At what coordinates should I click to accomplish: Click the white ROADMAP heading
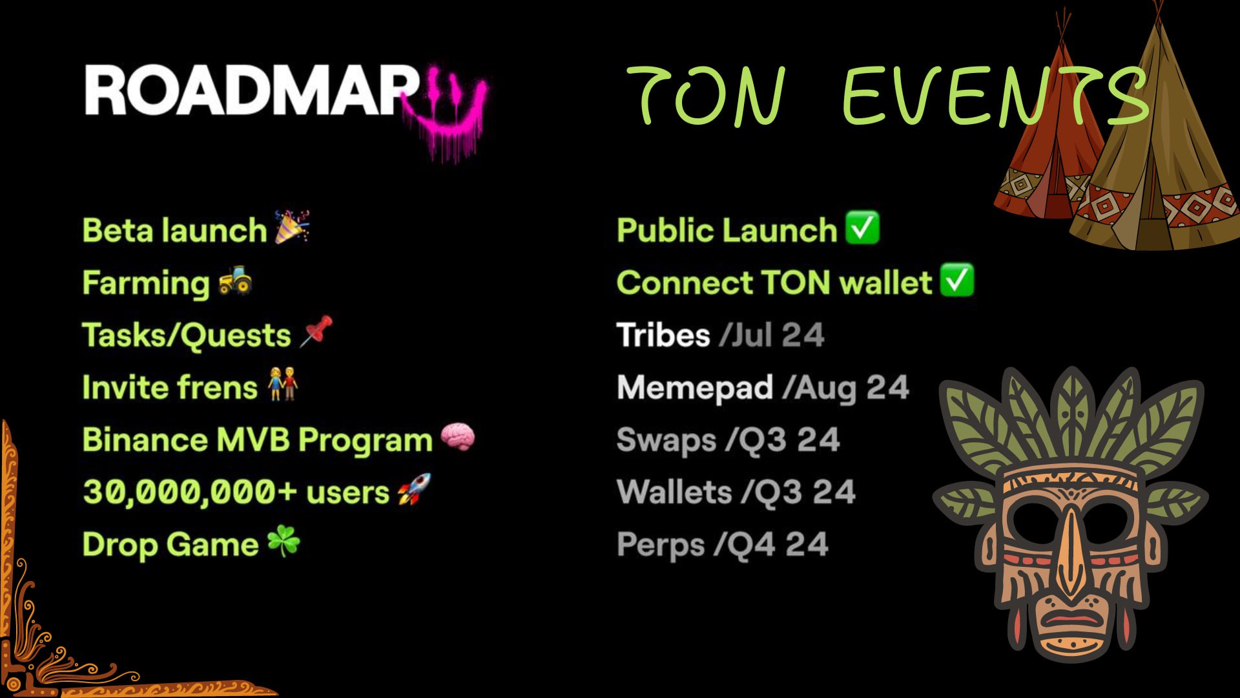click(x=252, y=91)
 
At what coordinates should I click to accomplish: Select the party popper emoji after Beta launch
click(x=292, y=227)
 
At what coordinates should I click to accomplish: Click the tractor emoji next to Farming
click(x=235, y=280)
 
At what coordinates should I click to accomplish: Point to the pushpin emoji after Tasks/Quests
click(x=316, y=331)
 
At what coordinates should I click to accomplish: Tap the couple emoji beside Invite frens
click(x=283, y=384)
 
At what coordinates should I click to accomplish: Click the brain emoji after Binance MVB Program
click(x=458, y=437)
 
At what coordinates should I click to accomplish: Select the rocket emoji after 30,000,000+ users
click(x=414, y=489)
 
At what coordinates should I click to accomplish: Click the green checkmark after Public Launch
click(x=862, y=227)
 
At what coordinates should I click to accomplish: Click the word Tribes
click(x=663, y=335)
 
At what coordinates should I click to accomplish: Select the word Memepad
click(x=695, y=388)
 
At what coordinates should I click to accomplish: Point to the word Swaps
click(x=666, y=441)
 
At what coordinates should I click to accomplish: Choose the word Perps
click(x=661, y=545)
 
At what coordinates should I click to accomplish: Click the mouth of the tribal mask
click(x=1071, y=619)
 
